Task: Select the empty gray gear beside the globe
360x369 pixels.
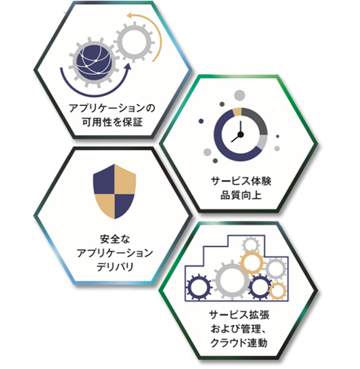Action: point(134,42)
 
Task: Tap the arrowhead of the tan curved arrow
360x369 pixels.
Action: point(130,15)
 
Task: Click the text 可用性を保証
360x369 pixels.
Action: point(112,122)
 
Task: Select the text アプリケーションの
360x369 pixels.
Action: point(112,108)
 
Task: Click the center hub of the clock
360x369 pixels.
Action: point(240,134)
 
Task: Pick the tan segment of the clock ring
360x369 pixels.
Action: point(237,112)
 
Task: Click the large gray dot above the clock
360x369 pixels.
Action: point(239,95)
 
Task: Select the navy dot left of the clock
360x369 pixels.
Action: point(201,121)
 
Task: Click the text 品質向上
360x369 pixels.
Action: point(241,195)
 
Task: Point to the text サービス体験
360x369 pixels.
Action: point(241,181)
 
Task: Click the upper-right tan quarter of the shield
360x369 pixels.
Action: point(125,179)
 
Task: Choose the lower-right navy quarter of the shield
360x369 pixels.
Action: point(124,205)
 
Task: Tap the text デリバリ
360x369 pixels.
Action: point(115,267)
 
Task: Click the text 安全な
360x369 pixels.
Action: point(115,239)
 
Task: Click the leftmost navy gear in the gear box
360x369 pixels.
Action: point(200,287)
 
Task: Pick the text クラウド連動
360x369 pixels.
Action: point(239,343)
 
